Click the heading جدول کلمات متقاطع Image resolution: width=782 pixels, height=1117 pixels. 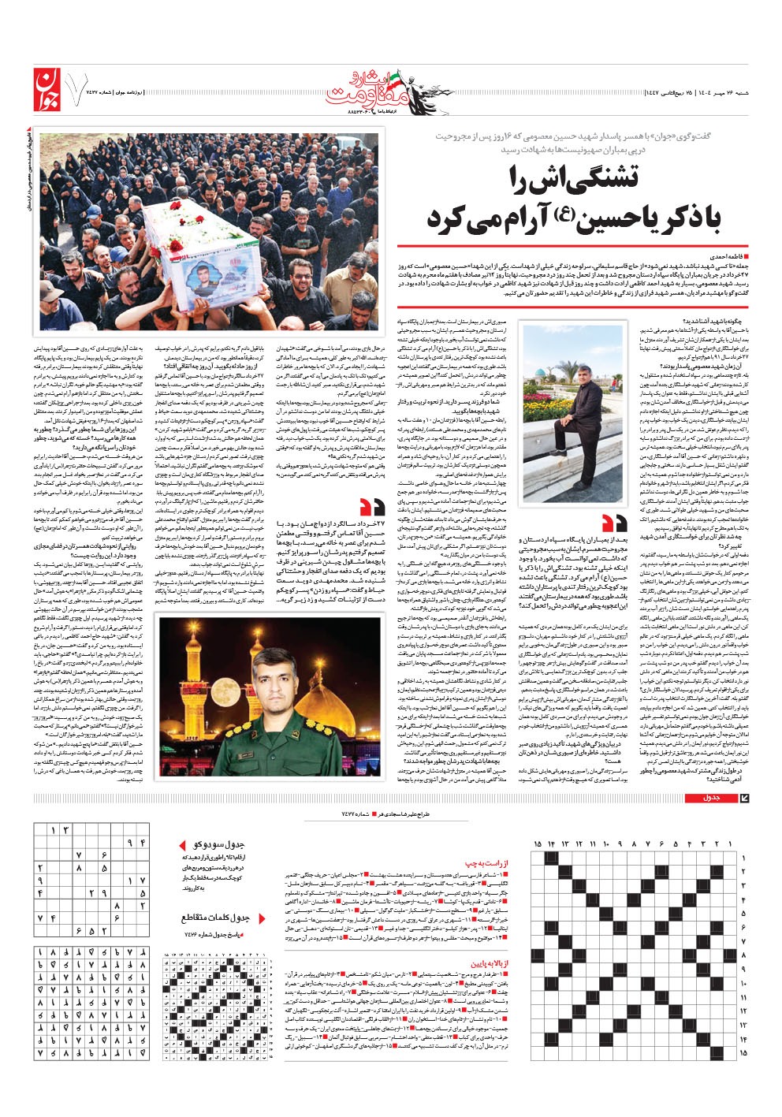(216, 918)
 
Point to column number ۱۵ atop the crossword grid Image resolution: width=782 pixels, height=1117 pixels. (538, 844)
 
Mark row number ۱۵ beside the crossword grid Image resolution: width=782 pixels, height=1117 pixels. (743, 1052)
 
